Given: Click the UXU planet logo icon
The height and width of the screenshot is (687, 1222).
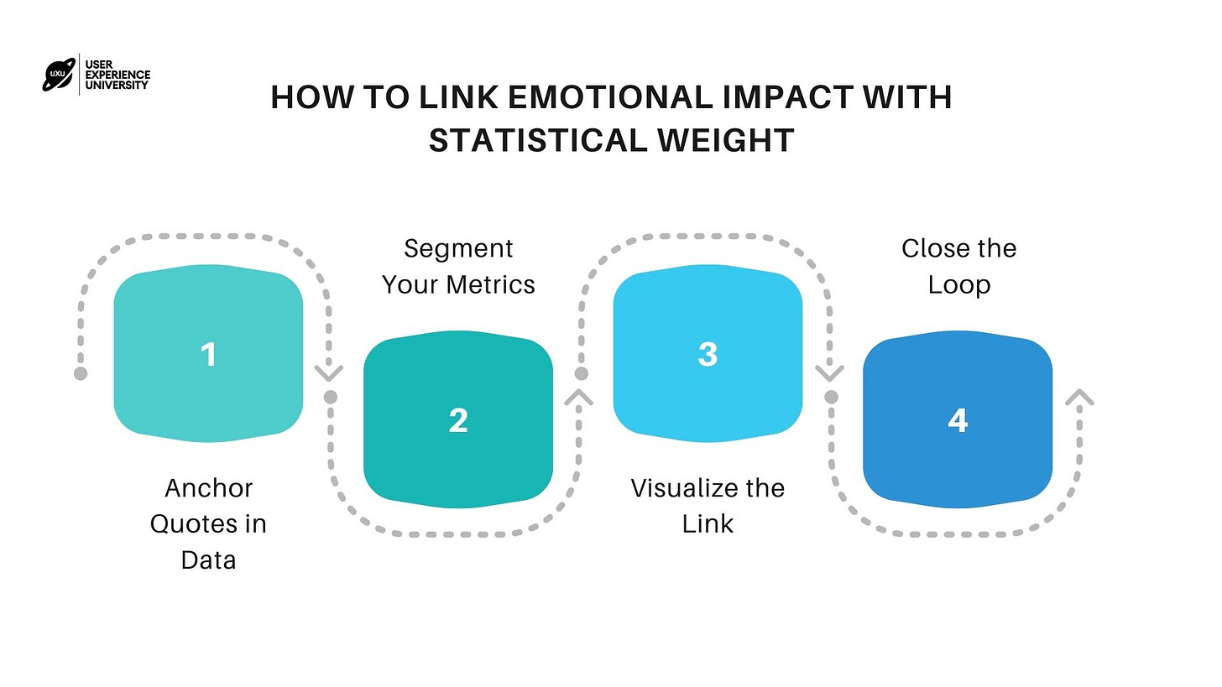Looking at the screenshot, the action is click(58, 75).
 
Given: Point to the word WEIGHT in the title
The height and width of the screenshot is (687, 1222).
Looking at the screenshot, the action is click(728, 140).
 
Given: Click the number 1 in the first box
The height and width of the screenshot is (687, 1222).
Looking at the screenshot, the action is click(208, 355).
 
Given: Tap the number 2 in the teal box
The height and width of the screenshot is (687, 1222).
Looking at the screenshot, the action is click(457, 420).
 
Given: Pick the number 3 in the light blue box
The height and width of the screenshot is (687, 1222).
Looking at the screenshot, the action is click(708, 355).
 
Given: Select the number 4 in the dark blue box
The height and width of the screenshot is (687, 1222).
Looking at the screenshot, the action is click(958, 420).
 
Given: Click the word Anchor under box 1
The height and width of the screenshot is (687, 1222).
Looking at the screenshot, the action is click(208, 488).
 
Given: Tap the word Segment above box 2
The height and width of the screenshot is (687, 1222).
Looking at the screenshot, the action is click(457, 248).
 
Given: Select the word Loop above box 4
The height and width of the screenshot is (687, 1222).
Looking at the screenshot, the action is click(958, 284).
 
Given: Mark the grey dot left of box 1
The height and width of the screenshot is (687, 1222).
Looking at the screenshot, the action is click(81, 373).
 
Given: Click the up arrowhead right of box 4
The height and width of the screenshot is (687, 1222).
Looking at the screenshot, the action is click(1079, 398).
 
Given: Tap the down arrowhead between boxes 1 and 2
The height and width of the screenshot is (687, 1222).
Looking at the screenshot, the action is click(328, 372).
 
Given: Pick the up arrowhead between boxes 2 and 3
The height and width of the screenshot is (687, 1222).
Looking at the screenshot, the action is click(579, 397).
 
